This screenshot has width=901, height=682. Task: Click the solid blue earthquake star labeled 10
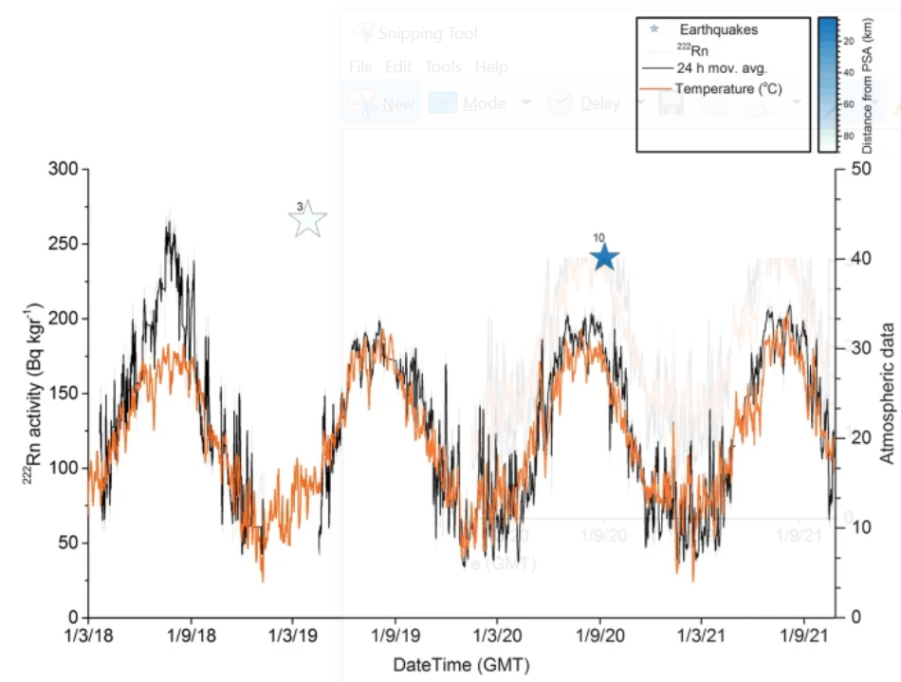[605, 257]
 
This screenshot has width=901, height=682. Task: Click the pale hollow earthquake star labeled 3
[308, 219]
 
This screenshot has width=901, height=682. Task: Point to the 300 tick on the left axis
[65, 170]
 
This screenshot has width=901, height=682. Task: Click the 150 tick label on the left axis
[65, 394]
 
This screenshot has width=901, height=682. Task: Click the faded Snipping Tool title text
[428, 33]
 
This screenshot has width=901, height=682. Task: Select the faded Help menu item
[491, 67]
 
